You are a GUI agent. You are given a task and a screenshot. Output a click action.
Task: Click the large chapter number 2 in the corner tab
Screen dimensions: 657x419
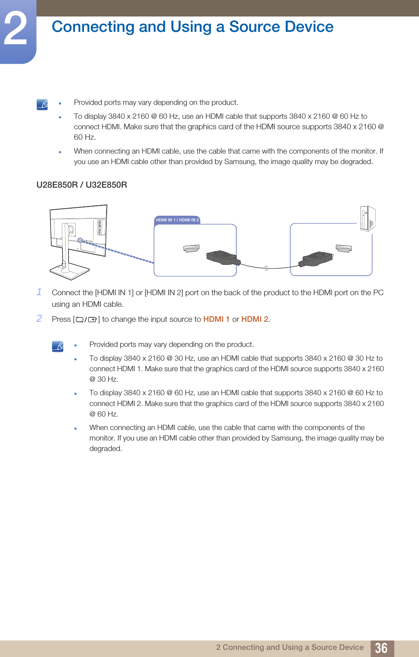click(x=16, y=29)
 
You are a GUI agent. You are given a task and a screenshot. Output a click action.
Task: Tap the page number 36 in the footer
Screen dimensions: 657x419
click(x=381, y=648)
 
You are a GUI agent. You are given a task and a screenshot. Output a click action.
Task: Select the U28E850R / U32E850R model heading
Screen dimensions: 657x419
click(x=82, y=185)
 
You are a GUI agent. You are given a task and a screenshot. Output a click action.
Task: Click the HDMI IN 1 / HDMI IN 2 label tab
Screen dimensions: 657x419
click(x=177, y=220)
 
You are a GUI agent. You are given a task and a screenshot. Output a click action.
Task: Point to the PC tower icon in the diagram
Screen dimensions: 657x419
click(x=367, y=218)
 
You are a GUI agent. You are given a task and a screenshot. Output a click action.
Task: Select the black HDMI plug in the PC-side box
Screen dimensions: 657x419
click(x=316, y=258)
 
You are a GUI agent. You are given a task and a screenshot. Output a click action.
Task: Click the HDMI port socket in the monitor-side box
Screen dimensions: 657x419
click(x=191, y=248)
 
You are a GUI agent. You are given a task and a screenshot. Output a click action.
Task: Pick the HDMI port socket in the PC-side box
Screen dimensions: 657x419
click(x=344, y=248)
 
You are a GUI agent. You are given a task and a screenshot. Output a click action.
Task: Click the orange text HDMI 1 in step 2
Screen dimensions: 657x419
click(x=216, y=319)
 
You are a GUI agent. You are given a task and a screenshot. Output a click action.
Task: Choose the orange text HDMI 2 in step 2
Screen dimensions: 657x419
click(x=255, y=319)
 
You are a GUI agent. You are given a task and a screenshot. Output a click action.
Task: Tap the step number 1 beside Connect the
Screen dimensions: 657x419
click(x=39, y=292)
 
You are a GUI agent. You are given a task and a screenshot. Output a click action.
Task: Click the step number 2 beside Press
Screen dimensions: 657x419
click(x=39, y=318)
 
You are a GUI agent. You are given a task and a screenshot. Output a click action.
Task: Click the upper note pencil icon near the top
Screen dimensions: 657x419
click(x=42, y=105)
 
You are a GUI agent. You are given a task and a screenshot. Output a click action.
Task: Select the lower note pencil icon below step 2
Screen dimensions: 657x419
click(x=58, y=346)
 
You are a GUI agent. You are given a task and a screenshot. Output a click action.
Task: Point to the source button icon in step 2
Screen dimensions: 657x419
click(x=86, y=320)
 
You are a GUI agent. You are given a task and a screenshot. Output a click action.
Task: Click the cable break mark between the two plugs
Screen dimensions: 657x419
click(x=266, y=268)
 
